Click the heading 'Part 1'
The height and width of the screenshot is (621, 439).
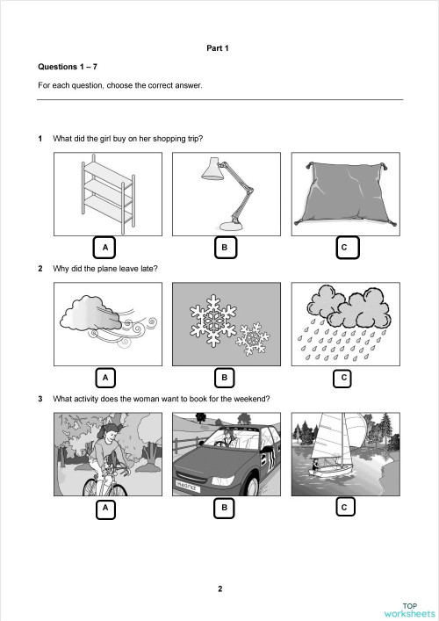pyautogui.click(x=217, y=48)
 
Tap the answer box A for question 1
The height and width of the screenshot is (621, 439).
pyautogui.click(x=105, y=248)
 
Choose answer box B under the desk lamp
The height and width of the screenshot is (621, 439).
pyautogui.click(x=225, y=248)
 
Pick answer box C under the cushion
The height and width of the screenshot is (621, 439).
pyautogui.click(x=344, y=248)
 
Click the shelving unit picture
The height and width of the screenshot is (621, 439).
pyautogui.click(x=105, y=191)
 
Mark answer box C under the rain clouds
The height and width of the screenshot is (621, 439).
pyautogui.click(x=344, y=378)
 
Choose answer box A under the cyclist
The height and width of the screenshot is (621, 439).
pyautogui.click(x=105, y=507)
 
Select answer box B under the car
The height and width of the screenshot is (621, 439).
pyautogui.click(x=225, y=507)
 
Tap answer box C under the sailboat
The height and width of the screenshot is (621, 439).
pyautogui.click(x=344, y=507)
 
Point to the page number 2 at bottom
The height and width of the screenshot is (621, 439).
pyautogui.click(x=219, y=588)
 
